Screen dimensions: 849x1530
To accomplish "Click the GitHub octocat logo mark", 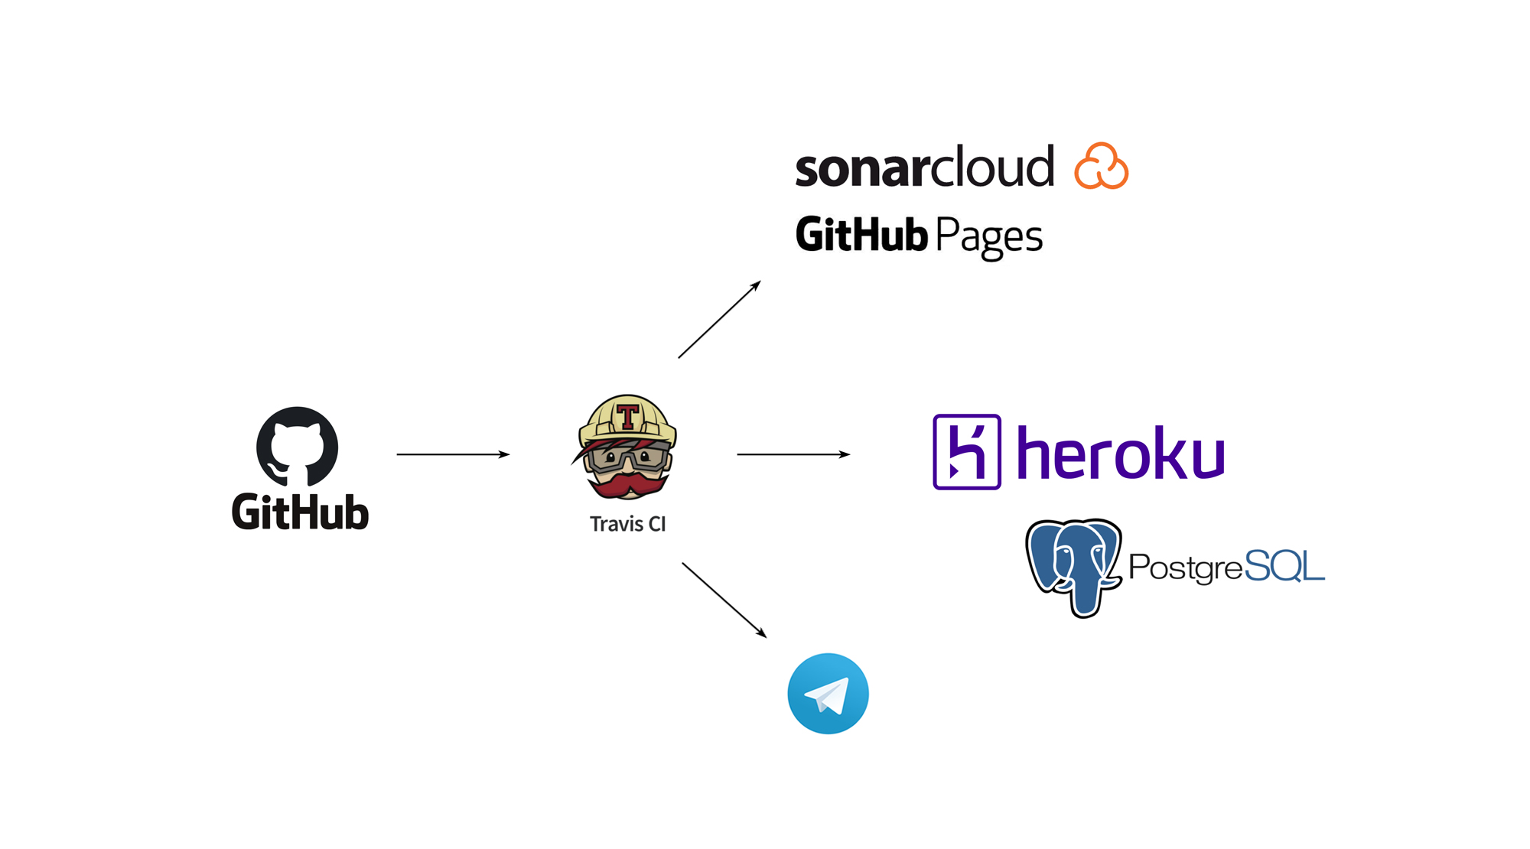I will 297,446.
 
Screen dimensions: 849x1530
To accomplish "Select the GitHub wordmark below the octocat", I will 300,512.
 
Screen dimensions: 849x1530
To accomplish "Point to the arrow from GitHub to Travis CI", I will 452,454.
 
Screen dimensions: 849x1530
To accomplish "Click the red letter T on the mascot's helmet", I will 628,417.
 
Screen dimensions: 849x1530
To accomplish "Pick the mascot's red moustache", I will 628,485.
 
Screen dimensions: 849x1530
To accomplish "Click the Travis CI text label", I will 627,524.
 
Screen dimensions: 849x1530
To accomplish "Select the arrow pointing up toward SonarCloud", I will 719,320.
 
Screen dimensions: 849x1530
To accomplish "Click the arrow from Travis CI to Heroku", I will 793,454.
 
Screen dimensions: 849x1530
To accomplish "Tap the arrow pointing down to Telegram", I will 724,600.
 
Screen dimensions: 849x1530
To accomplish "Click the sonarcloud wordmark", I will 924,168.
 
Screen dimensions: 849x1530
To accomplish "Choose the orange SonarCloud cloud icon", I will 1101,166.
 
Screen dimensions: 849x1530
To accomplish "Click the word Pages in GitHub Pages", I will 988,236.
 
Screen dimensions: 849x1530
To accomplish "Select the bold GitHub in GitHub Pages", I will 861,234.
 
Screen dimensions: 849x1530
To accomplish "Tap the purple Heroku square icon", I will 967,452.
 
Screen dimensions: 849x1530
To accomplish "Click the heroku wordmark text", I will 1121,454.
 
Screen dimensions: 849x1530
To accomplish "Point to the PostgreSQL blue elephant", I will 1073,567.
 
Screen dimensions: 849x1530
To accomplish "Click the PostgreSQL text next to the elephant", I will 1226,567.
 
